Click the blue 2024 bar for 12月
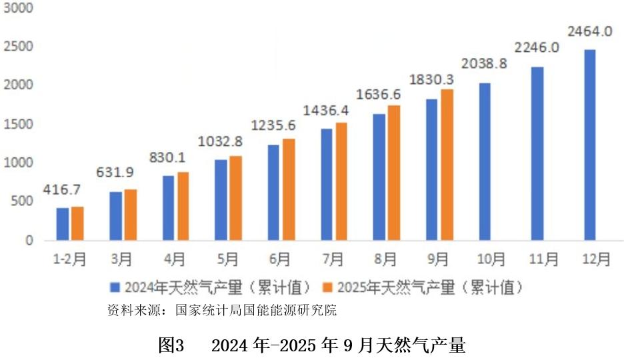tap(589, 145)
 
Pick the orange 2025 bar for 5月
tap(235, 198)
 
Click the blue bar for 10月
tap(485, 161)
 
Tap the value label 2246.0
tap(537, 47)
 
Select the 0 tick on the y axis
tap(29, 241)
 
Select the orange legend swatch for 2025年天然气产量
tap(327, 287)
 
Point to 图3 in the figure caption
tap(171, 345)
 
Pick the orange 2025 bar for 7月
tap(341, 181)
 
